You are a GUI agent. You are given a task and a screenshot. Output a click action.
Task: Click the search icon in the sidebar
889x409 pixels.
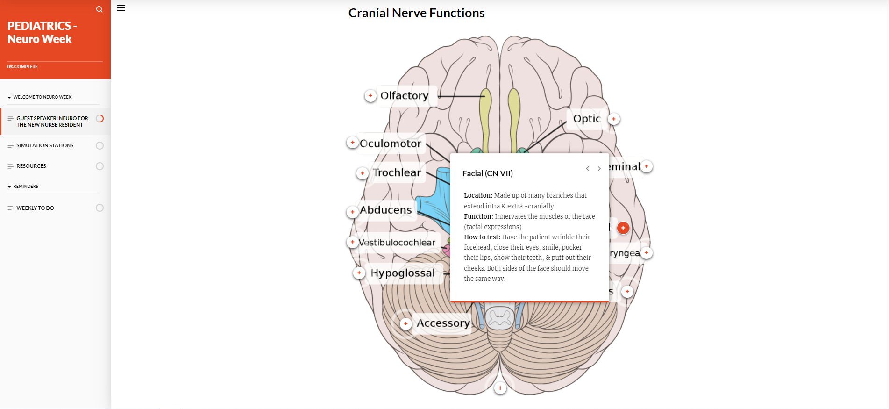tap(99, 9)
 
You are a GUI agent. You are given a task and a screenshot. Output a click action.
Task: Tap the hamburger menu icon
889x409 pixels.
tap(121, 8)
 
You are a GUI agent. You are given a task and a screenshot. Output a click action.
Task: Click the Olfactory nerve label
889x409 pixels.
tap(404, 95)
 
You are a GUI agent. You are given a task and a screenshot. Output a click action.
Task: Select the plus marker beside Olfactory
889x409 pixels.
tap(370, 96)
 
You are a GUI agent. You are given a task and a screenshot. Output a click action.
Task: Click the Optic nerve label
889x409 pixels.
tap(586, 119)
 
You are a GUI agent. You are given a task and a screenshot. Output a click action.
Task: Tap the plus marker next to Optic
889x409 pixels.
tap(614, 119)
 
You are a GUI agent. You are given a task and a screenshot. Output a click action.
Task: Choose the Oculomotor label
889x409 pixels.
tap(391, 144)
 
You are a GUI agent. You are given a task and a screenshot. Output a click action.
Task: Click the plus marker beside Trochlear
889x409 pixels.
tap(362, 173)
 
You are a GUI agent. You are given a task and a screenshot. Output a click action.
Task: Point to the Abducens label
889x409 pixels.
tap(386, 210)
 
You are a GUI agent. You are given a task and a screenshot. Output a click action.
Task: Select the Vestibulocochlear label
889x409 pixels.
tap(397, 242)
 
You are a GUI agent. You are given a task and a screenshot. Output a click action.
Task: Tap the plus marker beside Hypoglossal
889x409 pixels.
tap(359, 273)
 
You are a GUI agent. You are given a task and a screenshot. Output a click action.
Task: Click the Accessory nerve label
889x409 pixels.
tap(443, 323)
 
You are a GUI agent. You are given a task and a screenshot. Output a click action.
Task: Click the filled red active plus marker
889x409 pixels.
tap(623, 228)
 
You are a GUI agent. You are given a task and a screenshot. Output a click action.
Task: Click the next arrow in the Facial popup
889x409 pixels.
tap(599, 169)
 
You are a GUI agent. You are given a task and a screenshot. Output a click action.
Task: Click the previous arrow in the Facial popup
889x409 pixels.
tap(588, 169)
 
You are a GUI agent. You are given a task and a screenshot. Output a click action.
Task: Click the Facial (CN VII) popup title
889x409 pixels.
tap(487, 173)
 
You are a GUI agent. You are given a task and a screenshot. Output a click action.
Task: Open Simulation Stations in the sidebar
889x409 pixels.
tap(45, 145)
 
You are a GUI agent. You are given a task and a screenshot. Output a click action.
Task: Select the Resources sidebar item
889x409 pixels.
tap(31, 166)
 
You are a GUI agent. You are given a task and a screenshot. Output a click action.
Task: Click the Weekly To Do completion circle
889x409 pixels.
tap(100, 208)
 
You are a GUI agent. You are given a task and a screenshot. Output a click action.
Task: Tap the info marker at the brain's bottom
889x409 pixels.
tap(500, 388)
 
